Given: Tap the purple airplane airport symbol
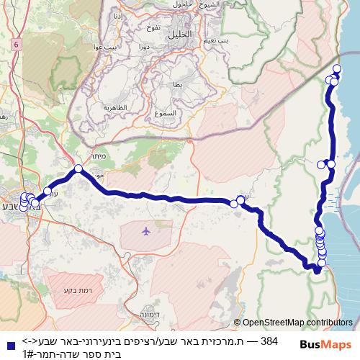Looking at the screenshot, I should point(146,231).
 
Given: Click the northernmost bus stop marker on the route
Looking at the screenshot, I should point(337,68).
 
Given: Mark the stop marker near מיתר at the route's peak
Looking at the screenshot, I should point(78,169).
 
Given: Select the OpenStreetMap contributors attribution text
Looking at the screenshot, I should point(297,323).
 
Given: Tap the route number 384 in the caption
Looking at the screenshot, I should point(268,339).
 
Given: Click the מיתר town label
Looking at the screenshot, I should point(99,156).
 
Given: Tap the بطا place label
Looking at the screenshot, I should point(177,85).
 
